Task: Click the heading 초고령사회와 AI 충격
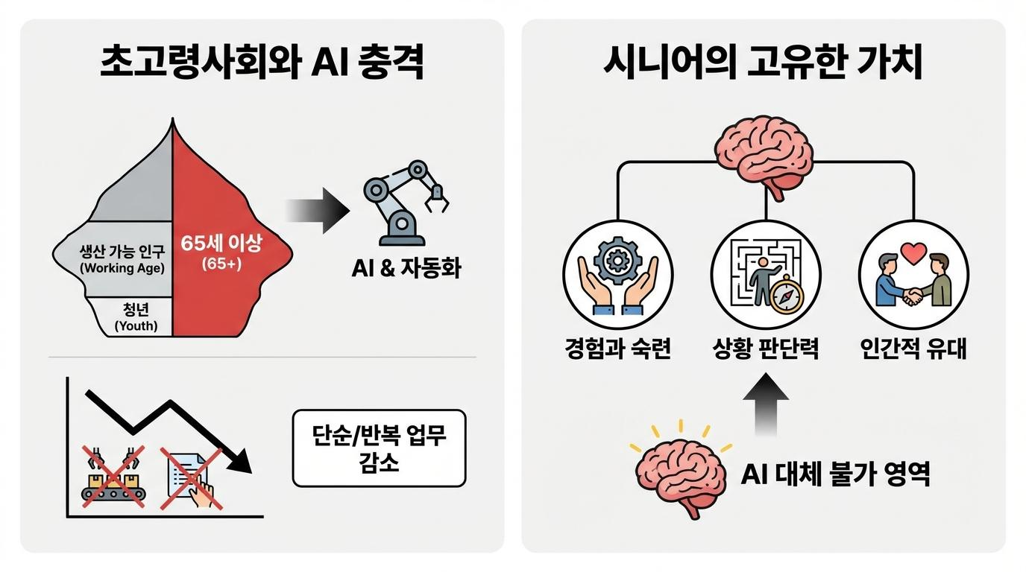point(262,64)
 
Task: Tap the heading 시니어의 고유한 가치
point(762,64)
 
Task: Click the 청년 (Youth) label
point(136,316)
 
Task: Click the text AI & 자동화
point(406,269)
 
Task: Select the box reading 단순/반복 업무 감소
point(379,448)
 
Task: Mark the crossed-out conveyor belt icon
point(113,477)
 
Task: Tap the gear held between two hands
point(617,261)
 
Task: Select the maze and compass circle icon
point(765,275)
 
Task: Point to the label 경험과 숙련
point(617,349)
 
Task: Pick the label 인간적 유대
point(913,349)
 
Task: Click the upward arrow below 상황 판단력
point(766,407)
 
